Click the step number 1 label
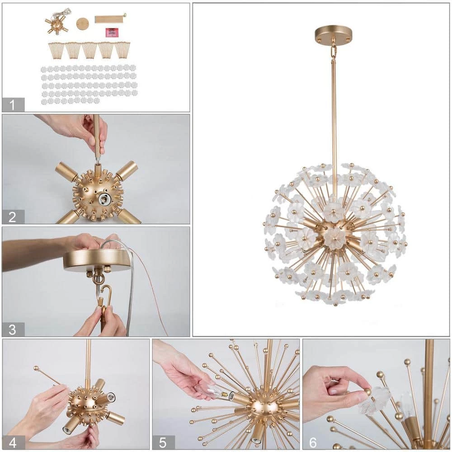click(13, 104)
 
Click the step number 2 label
click(13, 217)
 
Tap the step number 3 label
click(13, 329)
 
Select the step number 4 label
click(13, 442)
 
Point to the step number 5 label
click(163, 442)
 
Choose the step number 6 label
click(313, 442)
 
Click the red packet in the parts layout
click(112, 33)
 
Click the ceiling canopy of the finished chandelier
click(334, 33)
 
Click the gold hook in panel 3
click(104, 296)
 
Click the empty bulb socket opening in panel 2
click(105, 197)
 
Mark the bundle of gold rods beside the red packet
click(109, 19)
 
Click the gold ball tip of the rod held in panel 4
click(36, 368)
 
